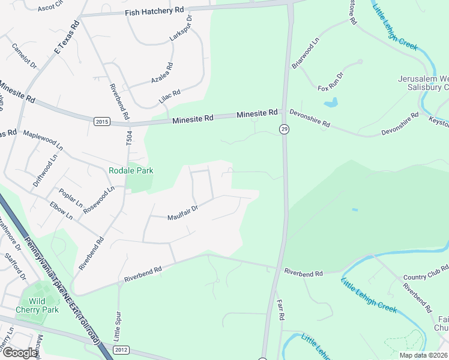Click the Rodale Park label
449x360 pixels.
pos(131,170)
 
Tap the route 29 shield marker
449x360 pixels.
pos(282,128)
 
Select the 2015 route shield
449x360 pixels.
pos(102,122)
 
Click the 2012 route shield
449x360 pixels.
pos(121,350)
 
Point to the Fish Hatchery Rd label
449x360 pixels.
pos(154,11)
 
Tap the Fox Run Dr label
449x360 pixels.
pos(330,82)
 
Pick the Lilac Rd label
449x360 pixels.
pos(169,97)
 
